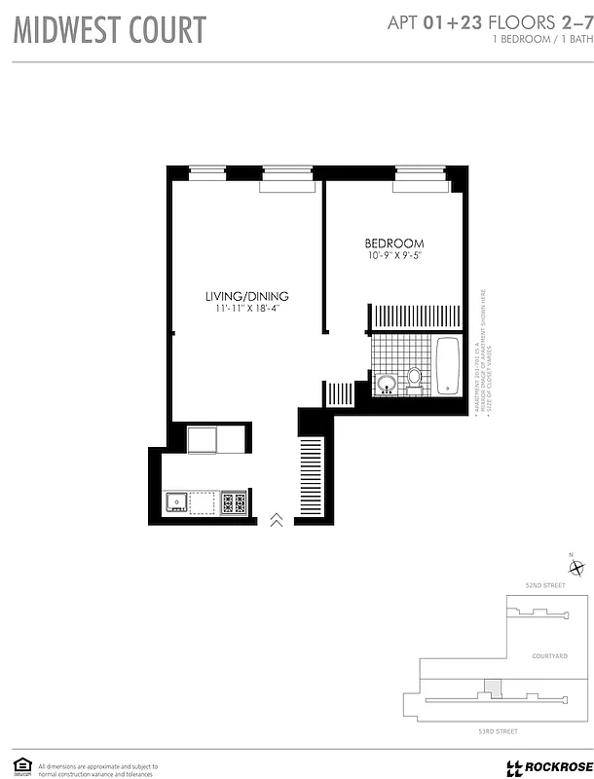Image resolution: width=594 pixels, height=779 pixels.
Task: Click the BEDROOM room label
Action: point(394,243)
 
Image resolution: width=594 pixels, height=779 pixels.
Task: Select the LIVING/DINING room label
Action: point(246,296)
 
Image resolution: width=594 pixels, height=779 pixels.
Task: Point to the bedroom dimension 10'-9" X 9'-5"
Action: point(394,256)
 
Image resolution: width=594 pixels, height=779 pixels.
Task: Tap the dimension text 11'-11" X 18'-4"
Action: point(254,309)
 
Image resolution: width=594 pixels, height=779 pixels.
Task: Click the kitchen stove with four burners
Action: point(234,502)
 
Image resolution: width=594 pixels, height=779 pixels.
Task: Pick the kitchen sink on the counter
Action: point(177,502)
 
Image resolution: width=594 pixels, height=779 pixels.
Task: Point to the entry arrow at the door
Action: point(277,520)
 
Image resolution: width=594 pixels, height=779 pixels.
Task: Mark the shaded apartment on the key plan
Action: point(496,687)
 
